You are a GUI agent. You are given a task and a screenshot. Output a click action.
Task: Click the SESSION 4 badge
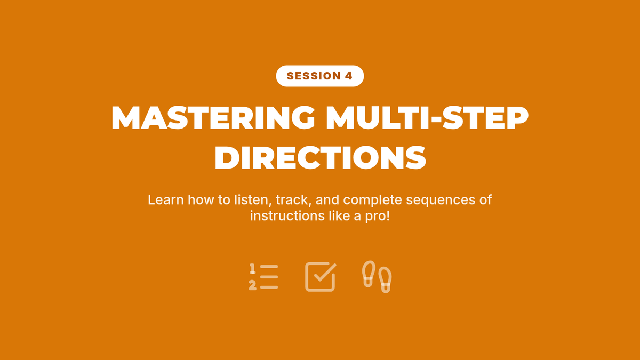click(319, 76)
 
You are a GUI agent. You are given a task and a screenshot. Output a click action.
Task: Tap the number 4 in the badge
click(349, 76)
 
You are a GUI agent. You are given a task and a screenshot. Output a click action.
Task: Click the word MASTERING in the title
click(213, 118)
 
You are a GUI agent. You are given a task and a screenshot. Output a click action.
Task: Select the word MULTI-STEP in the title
click(427, 118)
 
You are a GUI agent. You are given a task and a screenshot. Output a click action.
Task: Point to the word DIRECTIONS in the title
click(321, 157)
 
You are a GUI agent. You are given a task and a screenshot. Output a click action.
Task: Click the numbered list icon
click(263, 277)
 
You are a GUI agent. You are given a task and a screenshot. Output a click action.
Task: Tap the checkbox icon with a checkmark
click(321, 277)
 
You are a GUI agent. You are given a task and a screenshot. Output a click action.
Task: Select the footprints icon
click(377, 277)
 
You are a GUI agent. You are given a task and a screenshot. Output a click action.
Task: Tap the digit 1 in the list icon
click(252, 269)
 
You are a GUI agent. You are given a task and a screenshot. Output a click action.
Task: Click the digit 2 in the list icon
click(252, 285)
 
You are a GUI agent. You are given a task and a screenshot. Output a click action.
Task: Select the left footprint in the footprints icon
click(369, 274)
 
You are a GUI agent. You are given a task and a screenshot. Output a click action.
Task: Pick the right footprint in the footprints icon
click(385, 279)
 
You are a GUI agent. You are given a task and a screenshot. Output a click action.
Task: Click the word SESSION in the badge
click(314, 76)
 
